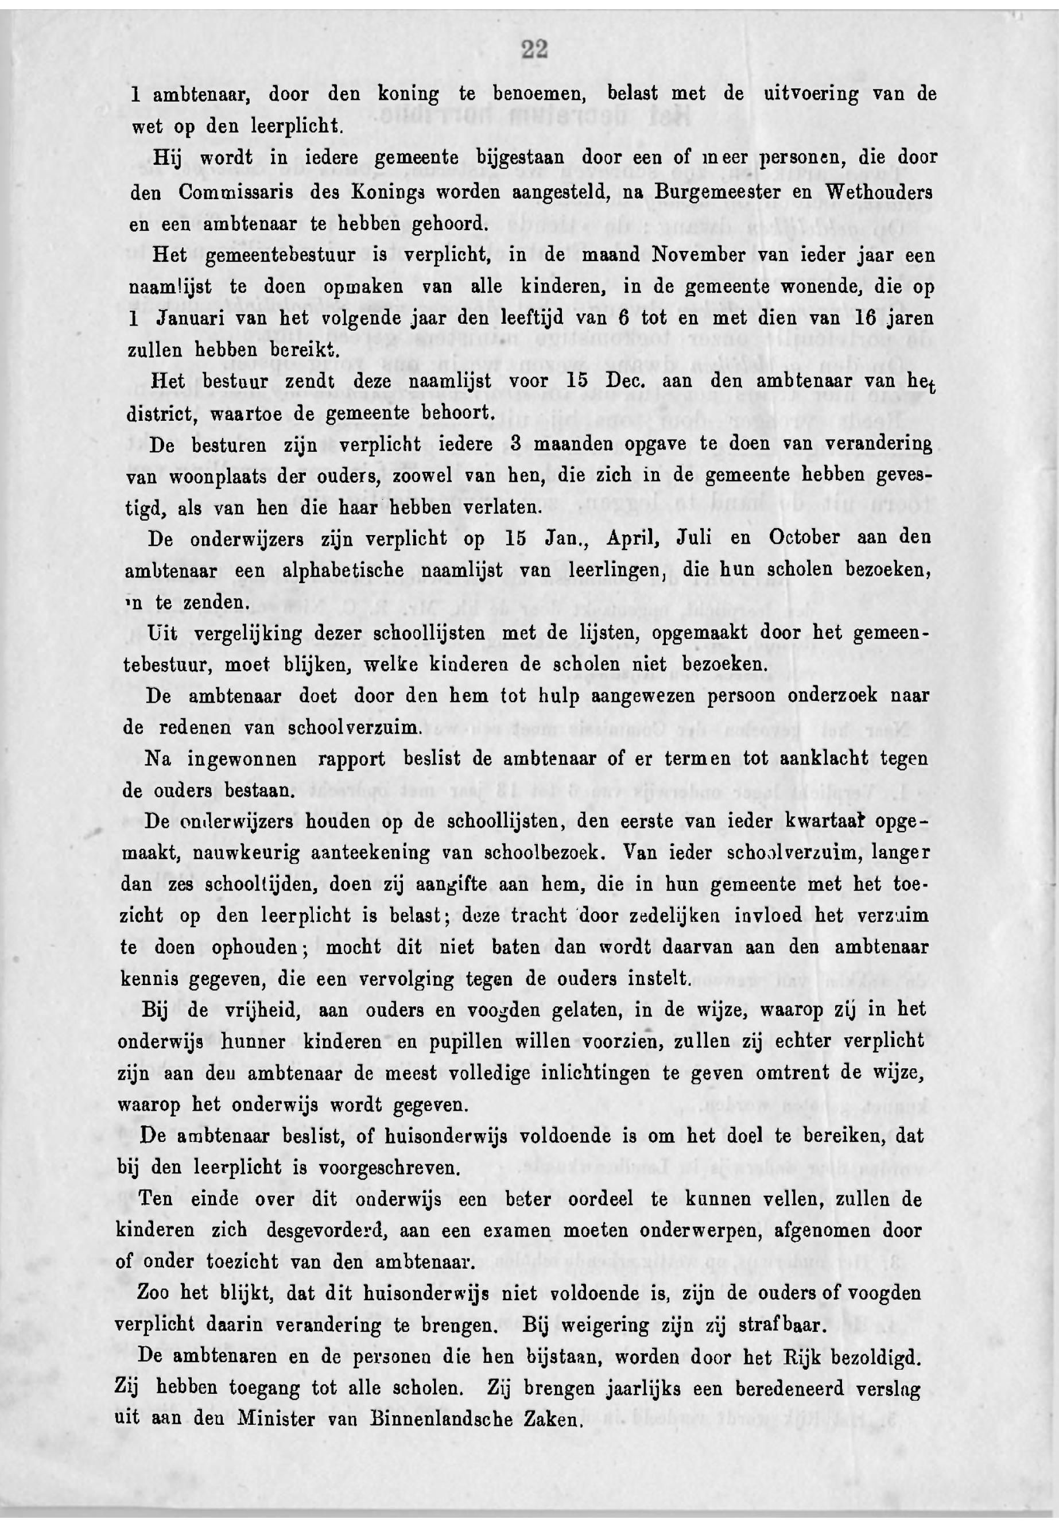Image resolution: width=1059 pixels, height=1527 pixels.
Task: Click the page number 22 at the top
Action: point(533,50)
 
